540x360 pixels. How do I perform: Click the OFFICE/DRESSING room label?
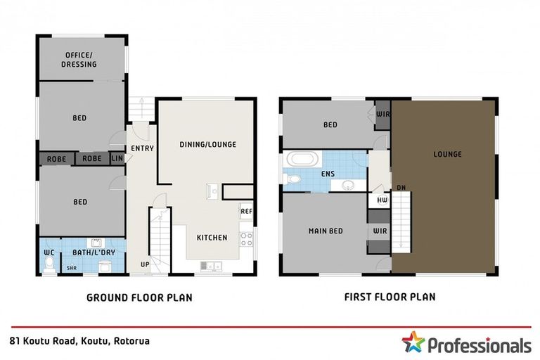click(x=81, y=60)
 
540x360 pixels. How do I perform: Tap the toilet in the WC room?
click(x=49, y=264)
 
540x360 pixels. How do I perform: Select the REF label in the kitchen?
click(x=246, y=211)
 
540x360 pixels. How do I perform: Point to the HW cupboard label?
click(x=382, y=200)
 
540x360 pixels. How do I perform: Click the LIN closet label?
click(x=117, y=159)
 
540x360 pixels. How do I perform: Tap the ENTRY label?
click(x=142, y=148)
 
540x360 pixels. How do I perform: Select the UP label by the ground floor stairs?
click(x=145, y=264)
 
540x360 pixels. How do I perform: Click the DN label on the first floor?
click(x=400, y=187)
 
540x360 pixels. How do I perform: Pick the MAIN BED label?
click(x=326, y=231)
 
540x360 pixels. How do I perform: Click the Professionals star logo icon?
click(x=413, y=343)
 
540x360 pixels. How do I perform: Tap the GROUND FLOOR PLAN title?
click(x=139, y=297)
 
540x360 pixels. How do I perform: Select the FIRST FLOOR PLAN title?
click(x=389, y=297)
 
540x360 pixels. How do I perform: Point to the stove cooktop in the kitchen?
click(x=246, y=238)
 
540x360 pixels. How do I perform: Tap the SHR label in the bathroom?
click(x=71, y=268)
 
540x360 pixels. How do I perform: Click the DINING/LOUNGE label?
click(x=207, y=145)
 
